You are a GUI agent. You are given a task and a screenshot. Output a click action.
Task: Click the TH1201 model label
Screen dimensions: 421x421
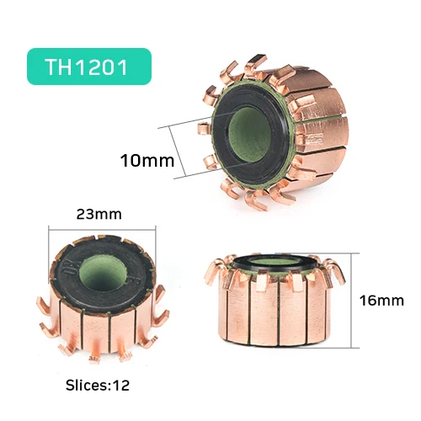tap(87, 67)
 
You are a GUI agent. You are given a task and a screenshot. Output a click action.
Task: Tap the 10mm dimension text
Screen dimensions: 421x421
tap(147, 161)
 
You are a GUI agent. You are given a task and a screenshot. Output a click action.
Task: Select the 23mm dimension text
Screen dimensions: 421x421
tap(99, 214)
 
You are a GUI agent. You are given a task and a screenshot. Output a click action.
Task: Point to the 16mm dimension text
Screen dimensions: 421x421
tap(381, 301)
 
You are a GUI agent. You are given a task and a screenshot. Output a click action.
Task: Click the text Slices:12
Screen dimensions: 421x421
tap(98, 385)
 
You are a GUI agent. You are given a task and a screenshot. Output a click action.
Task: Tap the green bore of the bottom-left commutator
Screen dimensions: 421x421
tap(103, 273)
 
